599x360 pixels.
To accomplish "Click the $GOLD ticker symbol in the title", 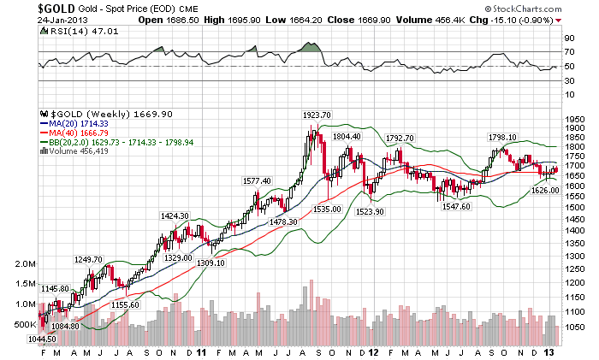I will point(20,8).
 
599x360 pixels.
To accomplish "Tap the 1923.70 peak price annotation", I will point(317,115).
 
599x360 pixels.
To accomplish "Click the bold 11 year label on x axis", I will point(200,351).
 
